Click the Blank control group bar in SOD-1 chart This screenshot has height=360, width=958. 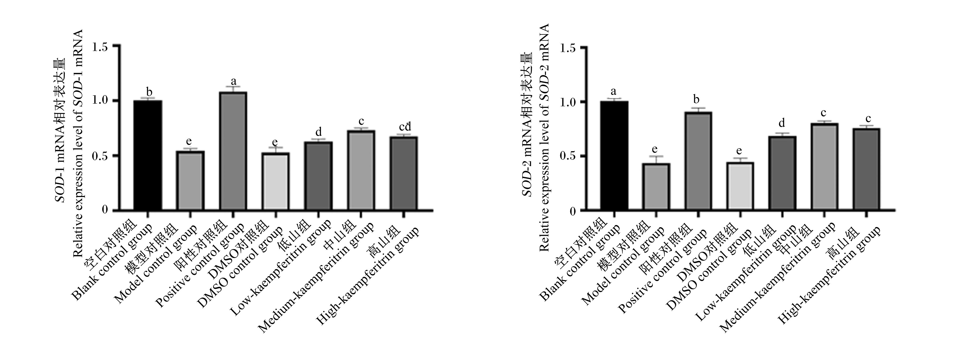(148, 155)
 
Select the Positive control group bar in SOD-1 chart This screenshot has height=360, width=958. (233, 151)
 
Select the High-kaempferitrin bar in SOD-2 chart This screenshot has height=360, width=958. (866, 170)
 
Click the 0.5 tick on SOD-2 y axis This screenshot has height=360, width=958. (583, 156)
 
